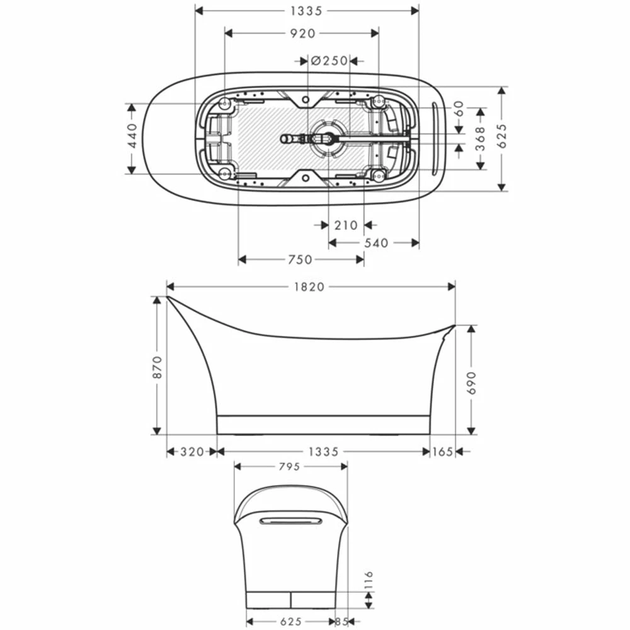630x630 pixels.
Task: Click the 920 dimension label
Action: pyautogui.click(x=303, y=33)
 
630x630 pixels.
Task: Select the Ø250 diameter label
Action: pyautogui.click(x=329, y=60)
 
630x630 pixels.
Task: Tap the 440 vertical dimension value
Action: pyautogui.click(x=132, y=136)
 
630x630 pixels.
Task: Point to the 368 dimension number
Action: pyautogui.click(x=480, y=139)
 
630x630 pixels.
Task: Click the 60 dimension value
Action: pyautogui.click(x=459, y=109)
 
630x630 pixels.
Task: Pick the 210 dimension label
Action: pyautogui.click(x=346, y=226)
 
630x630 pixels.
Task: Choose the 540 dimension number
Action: pyautogui.click(x=376, y=243)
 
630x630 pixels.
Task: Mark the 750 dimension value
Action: pyautogui.click(x=300, y=260)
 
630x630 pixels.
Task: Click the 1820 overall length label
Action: pyautogui.click(x=309, y=287)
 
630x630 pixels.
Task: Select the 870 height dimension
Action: pyautogui.click(x=157, y=367)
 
